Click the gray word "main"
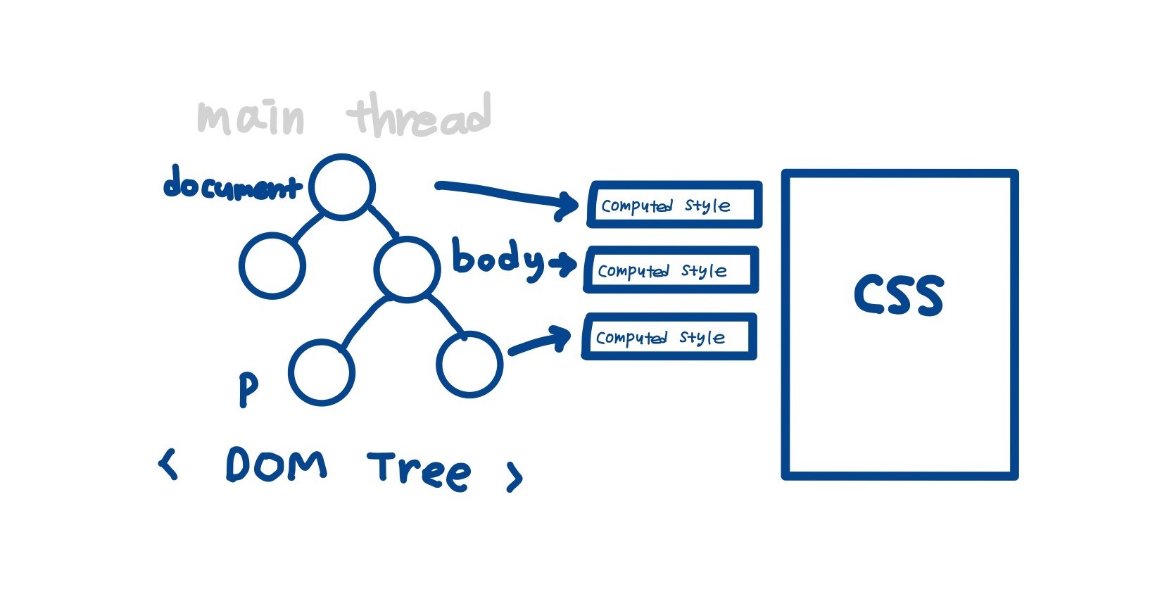[x=251, y=118]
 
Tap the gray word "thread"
[x=420, y=115]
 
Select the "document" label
[x=232, y=184]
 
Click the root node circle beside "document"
[x=342, y=187]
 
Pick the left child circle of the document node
[x=272, y=265]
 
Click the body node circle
[x=408, y=269]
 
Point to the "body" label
[x=498, y=259]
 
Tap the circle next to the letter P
[x=322, y=372]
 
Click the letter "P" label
[x=248, y=389]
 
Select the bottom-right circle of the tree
[x=469, y=364]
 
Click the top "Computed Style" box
[x=674, y=205]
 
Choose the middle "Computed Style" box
[x=671, y=270]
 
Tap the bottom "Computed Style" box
[x=669, y=336]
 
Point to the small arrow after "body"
[x=563, y=265]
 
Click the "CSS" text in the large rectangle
[x=899, y=294]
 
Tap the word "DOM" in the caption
[x=277, y=465]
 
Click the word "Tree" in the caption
[x=419, y=469]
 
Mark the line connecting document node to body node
[x=383, y=220]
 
